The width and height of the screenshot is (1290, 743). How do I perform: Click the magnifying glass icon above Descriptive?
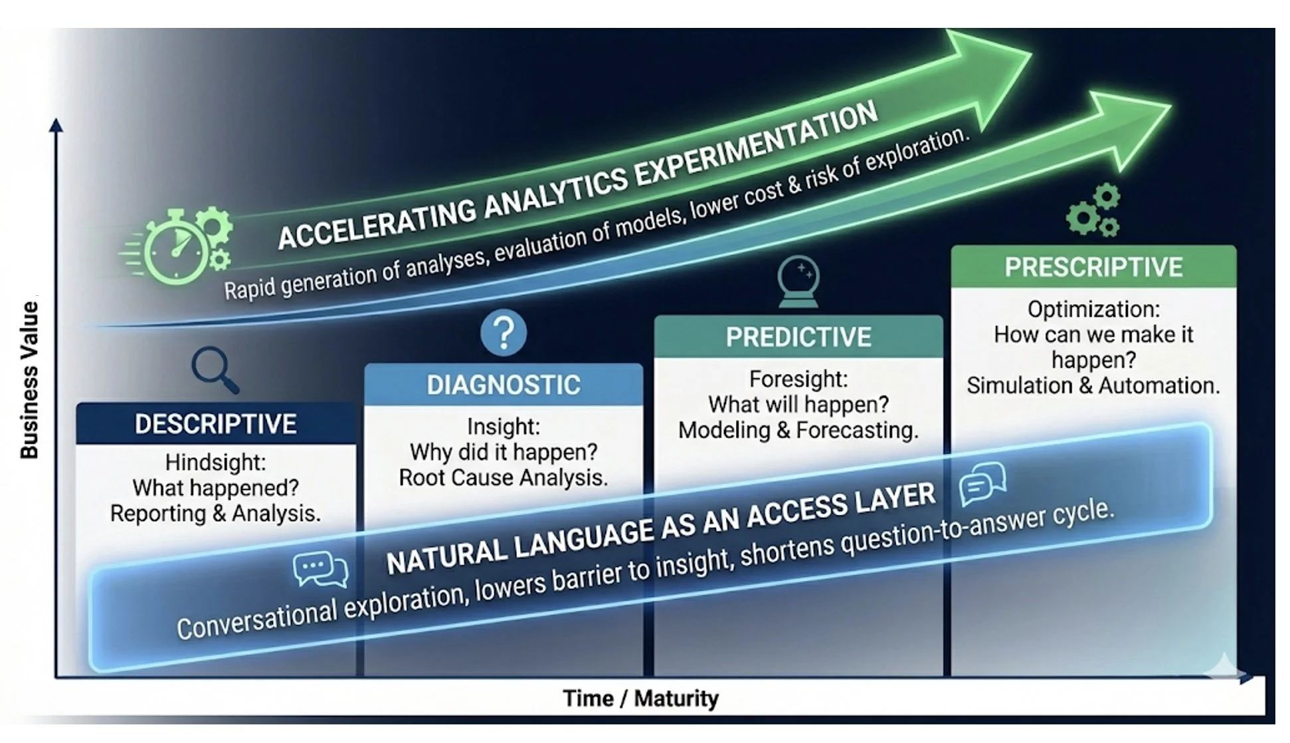point(214,369)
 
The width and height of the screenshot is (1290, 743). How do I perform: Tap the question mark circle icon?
point(504,332)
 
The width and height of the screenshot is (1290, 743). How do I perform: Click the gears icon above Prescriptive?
point(1094,211)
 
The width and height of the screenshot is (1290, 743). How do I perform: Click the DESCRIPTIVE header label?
point(215,424)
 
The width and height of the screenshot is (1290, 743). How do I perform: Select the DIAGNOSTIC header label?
point(504,385)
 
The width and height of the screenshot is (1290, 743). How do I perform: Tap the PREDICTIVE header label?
point(798,337)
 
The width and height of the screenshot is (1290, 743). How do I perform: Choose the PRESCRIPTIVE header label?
point(1093,267)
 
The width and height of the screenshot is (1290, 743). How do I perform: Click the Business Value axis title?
point(29,379)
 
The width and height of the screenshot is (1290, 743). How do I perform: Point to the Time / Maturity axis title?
point(640,698)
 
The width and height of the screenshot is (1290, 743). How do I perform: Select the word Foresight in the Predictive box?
point(798,379)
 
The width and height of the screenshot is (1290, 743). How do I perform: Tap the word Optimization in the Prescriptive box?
point(1093,309)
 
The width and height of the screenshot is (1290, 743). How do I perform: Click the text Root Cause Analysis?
point(504,478)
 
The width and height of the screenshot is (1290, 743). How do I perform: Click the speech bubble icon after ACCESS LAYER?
point(982,484)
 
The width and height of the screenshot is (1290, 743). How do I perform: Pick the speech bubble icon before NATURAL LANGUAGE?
point(320,570)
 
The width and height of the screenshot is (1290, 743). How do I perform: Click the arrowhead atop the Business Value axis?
point(56,125)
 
